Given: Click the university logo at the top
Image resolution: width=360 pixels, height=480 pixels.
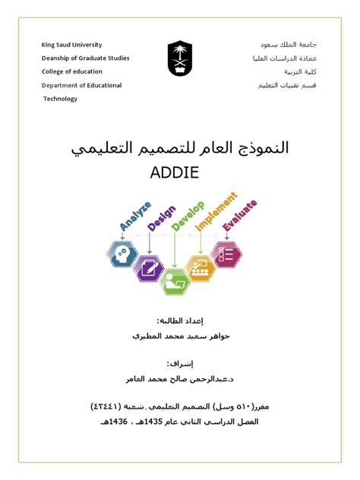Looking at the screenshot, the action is pyautogui.click(x=180, y=59).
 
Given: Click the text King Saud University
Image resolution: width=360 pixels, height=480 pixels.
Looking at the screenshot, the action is pyautogui.click(x=71, y=45).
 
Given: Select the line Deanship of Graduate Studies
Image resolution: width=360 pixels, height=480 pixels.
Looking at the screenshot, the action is pyautogui.click(x=85, y=58).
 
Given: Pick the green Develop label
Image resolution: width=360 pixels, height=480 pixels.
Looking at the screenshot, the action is pyautogui.click(x=185, y=215).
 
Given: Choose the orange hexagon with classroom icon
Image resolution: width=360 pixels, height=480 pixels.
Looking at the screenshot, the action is pyautogui.click(x=201, y=267).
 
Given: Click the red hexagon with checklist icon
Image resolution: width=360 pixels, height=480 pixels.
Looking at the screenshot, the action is pyautogui.click(x=226, y=254).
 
